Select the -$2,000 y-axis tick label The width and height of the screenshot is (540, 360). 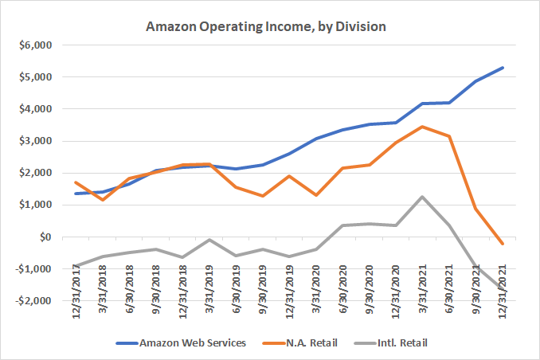pyautogui.click(x=32, y=301)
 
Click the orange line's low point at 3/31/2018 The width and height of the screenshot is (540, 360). pyautogui.click(x=104, y=200)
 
